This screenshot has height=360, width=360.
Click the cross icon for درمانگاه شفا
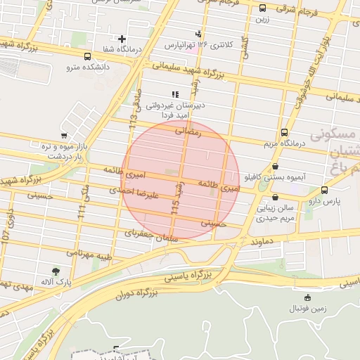[122, 39]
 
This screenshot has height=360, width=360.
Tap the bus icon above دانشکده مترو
[87, 56]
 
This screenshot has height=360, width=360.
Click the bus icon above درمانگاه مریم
[284, 131]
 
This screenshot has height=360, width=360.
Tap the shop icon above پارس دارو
[324, 190]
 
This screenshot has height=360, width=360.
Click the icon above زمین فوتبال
[307, 298]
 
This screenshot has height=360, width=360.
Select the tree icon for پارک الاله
[55, 271]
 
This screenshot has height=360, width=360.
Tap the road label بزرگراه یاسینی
[188, 275]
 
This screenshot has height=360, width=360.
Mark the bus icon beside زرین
[262, 8]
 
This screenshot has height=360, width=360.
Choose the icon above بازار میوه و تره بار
[65, 135]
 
